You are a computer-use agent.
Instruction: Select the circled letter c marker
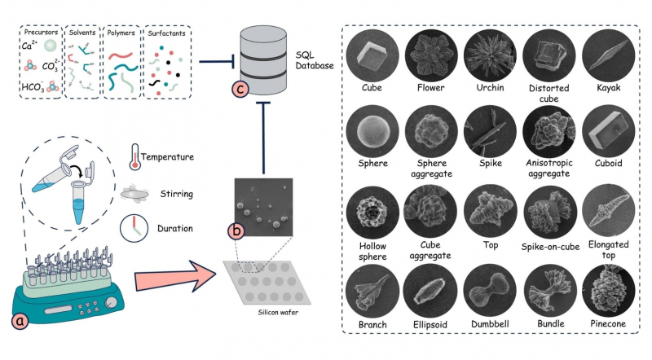pyautogui.click(x=240, y=89)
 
